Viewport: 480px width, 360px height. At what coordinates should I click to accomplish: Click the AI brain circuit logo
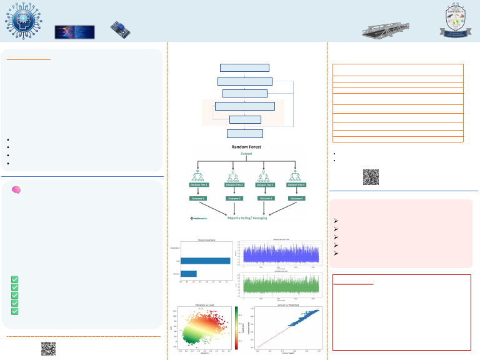point(22,21)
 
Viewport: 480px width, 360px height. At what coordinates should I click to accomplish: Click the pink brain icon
point(16,189)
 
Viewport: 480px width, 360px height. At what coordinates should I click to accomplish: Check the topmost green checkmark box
point(15,280)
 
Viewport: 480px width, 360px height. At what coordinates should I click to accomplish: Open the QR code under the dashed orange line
point(48,348)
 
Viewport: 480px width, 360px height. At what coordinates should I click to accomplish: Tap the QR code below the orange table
point(371,177)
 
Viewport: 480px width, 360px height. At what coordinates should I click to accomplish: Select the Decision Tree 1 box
point(198,184)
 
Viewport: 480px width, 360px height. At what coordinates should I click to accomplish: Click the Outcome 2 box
point(233,198)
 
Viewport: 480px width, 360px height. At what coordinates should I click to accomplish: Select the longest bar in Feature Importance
point(205,261)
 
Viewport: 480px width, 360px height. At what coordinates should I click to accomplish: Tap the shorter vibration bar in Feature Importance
point(188,273)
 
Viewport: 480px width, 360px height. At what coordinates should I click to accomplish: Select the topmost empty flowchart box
point(245,67)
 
